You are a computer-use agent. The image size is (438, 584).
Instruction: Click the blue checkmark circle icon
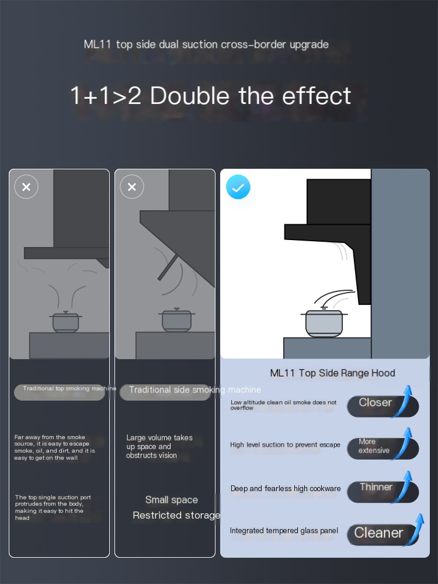(x=238, y=187)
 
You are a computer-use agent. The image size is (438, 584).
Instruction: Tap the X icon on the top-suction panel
(x=26, y=187)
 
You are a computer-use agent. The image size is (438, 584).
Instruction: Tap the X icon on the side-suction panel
(x=132, y=187)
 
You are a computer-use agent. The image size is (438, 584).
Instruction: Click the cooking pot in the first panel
(x=65, y=321)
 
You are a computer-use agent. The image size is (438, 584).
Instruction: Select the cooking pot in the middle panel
(x=176, y=319)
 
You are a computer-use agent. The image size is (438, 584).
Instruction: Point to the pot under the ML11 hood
(x=324, y=322)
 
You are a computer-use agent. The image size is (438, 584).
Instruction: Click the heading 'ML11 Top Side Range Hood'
(x=333, y=373)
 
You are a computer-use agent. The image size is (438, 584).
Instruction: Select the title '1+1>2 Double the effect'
(x=210, y=96)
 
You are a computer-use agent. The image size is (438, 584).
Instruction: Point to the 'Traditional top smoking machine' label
(x=69, y=388)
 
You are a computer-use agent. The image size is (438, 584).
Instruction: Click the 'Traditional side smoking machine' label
(x=195, y=390)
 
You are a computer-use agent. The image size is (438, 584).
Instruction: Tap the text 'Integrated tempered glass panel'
(x=284, y=531)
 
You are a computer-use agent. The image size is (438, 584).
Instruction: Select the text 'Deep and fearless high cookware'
(x=286, y=489)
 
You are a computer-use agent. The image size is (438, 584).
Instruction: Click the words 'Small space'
(x=171, y=500)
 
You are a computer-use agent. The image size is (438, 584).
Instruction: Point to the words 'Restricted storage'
(x=176, y=516)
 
